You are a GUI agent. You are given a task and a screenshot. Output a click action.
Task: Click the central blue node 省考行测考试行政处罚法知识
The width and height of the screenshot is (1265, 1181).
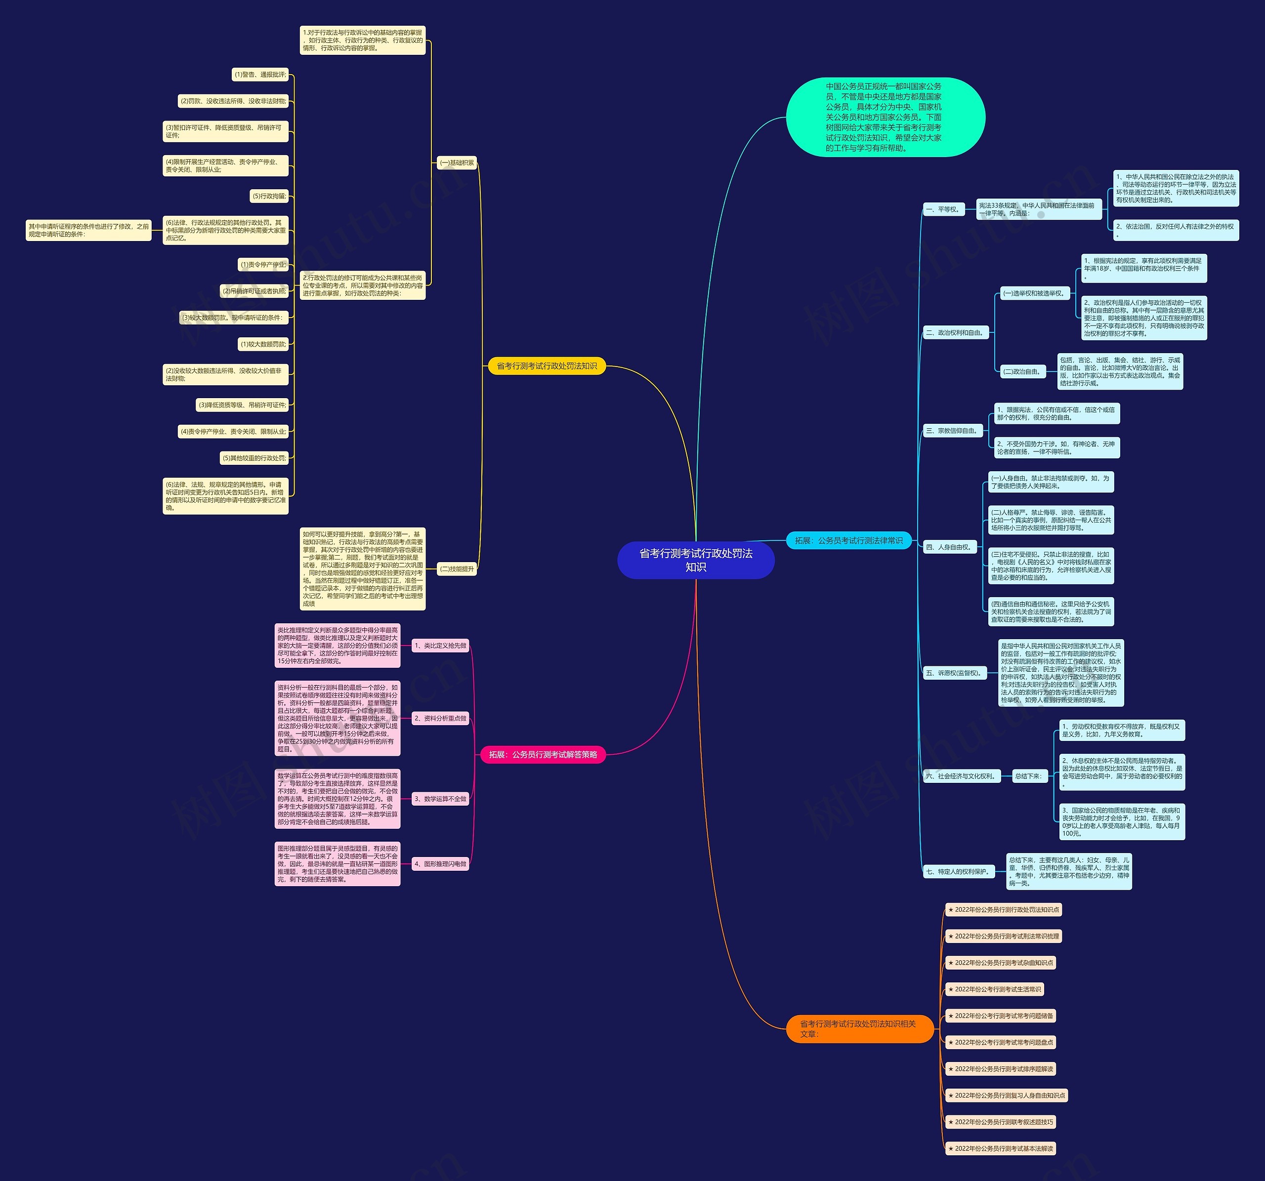click(x=695, y=560)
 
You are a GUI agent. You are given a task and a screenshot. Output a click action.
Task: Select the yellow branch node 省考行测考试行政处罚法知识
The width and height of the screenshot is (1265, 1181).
click(x=547, y=366)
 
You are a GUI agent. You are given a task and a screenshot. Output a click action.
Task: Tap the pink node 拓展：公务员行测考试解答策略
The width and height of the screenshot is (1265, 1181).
click(x=543, y=755)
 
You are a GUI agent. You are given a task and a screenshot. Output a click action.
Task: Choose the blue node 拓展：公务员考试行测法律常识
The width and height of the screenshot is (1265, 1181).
click(x=849, y=540)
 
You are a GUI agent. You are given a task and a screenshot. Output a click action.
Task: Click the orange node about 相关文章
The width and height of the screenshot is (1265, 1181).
click(x=859, y=1028)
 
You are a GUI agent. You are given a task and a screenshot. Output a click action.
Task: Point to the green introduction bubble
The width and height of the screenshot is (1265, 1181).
click(x=885, y=117)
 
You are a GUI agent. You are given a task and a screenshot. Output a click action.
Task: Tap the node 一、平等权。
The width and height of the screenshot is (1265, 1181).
click(x=942, y=209)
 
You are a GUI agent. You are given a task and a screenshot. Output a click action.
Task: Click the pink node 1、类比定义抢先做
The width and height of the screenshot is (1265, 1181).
click(x=440, y=646)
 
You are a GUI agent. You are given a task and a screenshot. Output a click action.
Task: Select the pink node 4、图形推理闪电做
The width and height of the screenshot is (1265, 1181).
click(x=440, y=864)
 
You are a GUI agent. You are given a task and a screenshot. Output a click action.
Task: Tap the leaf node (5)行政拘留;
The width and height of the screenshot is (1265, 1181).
click(x=269, y=196)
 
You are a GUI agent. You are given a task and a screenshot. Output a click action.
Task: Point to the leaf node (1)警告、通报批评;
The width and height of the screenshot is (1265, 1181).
click(x=260, y=75)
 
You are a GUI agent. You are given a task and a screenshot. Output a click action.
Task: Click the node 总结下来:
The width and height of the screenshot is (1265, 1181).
click(x=1028, y=776)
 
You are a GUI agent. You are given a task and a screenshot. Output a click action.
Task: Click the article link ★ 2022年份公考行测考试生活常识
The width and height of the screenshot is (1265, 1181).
click(x=994, y=989)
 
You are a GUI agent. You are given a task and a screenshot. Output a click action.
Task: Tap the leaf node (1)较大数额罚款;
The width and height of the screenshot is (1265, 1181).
click(x=263, y=344)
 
